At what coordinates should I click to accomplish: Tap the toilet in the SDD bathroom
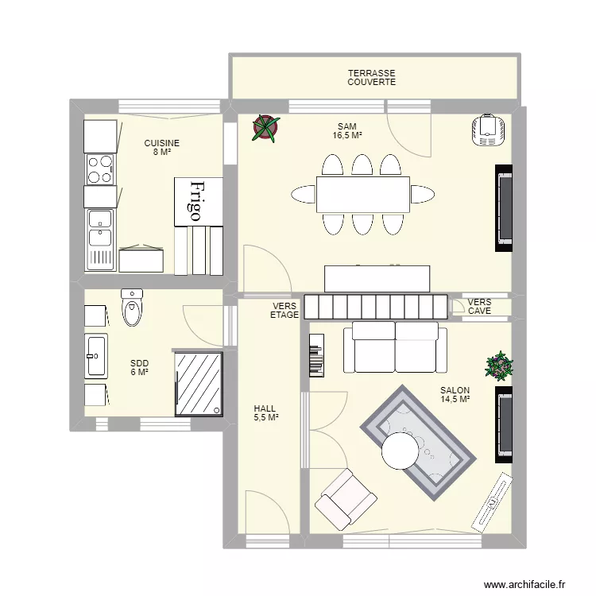coord(133,309)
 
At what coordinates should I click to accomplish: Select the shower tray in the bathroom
coord(199,383)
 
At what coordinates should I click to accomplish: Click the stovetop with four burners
coord(100,168)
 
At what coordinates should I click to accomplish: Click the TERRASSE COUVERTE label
coord(371,77)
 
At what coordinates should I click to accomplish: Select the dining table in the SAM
coord(363,195)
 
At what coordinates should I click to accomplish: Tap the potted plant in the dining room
coord(265,127)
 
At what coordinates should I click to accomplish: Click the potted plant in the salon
coord(500,366)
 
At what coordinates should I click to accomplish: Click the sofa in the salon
coord(394,347)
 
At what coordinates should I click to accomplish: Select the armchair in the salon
coord(346,499)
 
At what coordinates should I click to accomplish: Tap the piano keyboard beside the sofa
coord(316,354)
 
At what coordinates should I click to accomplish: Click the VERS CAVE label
coord(479,307)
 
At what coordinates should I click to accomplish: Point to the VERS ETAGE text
coord(284,310)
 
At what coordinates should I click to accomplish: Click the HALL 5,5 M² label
coord(265,412)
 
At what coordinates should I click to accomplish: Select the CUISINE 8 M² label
coord(161,147)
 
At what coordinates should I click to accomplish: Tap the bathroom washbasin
coord(97,355)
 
